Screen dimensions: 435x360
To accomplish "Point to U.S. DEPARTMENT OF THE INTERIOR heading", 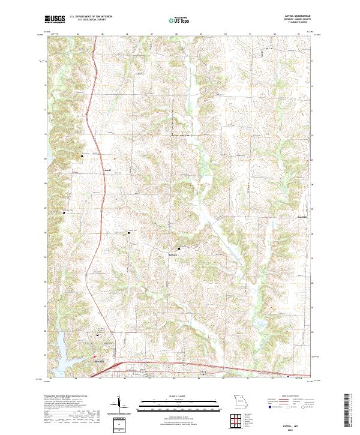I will [91, 17].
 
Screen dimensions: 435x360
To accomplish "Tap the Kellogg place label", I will [173, 253].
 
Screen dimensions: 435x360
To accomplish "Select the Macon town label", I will [98, 362].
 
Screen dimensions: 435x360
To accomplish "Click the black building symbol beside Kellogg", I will [178, 248].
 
